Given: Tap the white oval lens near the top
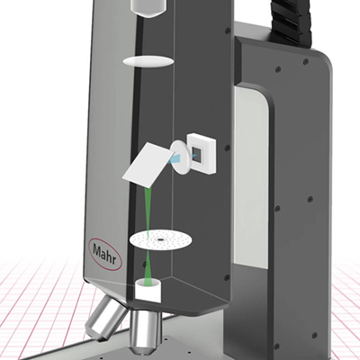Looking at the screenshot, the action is [148, 61].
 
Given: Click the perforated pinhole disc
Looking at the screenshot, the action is [161, 240].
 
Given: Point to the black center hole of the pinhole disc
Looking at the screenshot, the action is [160, 240].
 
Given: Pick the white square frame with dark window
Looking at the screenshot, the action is [202, 153].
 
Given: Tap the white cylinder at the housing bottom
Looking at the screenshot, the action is [148, 291].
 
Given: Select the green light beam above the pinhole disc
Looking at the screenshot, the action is [148, 210].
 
